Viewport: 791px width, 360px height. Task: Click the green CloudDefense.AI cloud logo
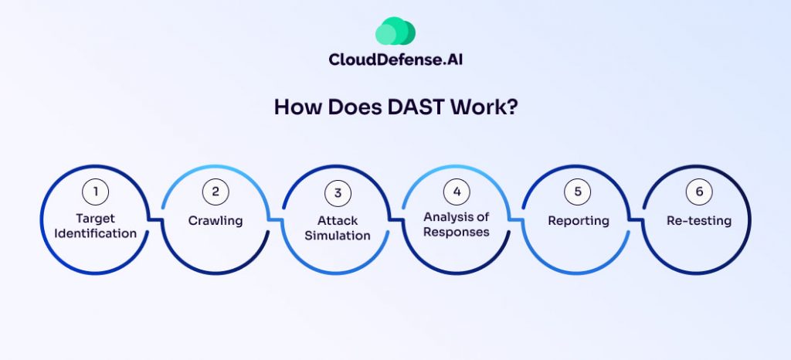(395, 31)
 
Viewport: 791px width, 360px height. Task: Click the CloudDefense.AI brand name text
(395, 60)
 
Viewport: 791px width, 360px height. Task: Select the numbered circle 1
(95, 191)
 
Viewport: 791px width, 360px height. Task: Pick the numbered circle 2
(216, 191)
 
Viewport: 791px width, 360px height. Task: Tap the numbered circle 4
(456, 191)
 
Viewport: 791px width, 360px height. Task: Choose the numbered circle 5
(578, 191)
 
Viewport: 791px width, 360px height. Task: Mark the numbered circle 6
(698, 191)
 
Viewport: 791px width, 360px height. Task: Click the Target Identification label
(95, 226)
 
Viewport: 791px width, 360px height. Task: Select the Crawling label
(216, 221)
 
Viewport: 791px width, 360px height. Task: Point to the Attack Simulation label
(337, 228)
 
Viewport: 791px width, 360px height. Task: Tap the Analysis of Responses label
(456, 224)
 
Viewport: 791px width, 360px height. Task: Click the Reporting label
(578, 221)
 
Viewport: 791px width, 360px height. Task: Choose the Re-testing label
(698, 221)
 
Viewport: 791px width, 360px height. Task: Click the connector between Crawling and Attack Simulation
(276, 220)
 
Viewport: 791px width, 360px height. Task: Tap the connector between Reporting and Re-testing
(637, 220)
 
